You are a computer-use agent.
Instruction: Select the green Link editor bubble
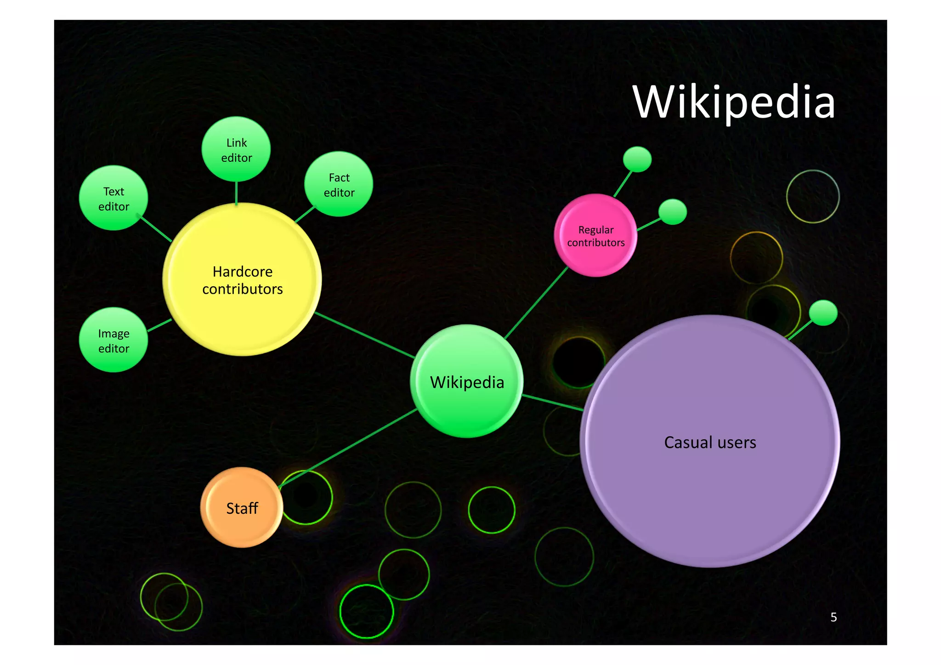click(236, 149)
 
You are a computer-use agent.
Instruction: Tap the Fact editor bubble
click(339, 184)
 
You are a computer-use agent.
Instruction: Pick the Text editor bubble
click(113, 198)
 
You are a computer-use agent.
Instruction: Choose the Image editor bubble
click(113, 340)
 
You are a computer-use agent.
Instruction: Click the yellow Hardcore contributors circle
click(242, 279)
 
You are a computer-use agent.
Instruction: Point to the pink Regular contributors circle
click(595, 236)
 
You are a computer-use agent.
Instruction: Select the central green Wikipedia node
click(467, 381)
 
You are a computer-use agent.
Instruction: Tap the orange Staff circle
click(242, 507)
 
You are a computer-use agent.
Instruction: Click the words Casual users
click(710, 443)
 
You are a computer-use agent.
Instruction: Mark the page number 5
click(833, 617)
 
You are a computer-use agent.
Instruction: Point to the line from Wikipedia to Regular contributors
click(536, 303)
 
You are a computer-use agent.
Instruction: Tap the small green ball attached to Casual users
click(823, 313)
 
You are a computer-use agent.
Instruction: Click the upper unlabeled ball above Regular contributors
click(637, 159)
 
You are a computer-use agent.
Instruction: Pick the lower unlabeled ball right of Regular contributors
click(672, 212)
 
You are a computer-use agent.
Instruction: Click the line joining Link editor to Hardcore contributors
click(236, 193)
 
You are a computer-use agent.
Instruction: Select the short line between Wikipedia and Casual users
click(552, 402)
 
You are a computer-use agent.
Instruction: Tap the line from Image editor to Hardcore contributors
click(159, 325)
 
